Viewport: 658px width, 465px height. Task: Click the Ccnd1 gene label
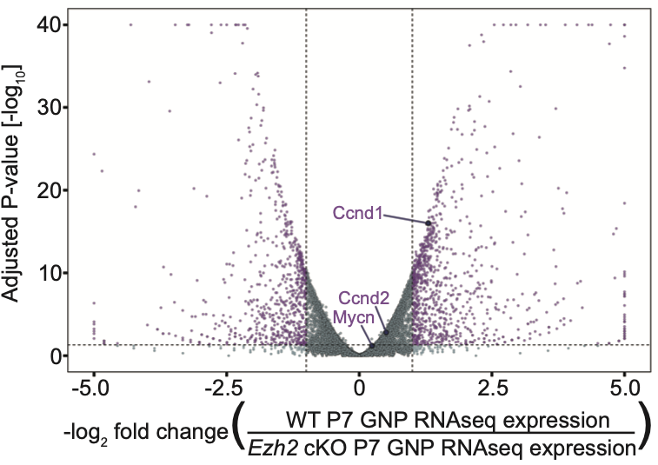pyautogui.click(x=357, y=211)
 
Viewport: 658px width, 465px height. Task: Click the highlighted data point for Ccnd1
pyautogui.click(x=429, y=223)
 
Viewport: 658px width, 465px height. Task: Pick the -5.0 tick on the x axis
pyautogui.click(x=93, y=384)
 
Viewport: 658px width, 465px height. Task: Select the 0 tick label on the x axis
pyautogui.click(x=359, y=384)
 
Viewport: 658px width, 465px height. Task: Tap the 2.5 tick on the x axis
pyautogui.click(x=492, y=384)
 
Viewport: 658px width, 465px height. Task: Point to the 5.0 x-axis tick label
pyautogui.click(x=625, y=384)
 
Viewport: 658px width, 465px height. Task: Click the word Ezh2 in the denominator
pyautogui.click(x=269, y=448)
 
